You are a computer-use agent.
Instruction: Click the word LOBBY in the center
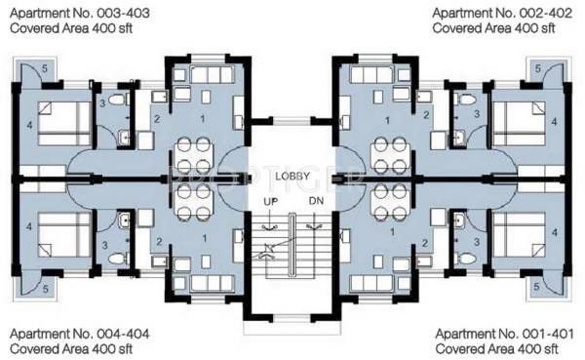(292, 176)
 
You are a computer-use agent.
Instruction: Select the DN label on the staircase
(314, 201)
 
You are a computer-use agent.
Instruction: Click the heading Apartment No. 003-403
(73, 13)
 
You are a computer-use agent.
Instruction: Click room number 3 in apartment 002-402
(476, 114)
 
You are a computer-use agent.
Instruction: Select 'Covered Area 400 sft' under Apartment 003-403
(73, 29)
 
